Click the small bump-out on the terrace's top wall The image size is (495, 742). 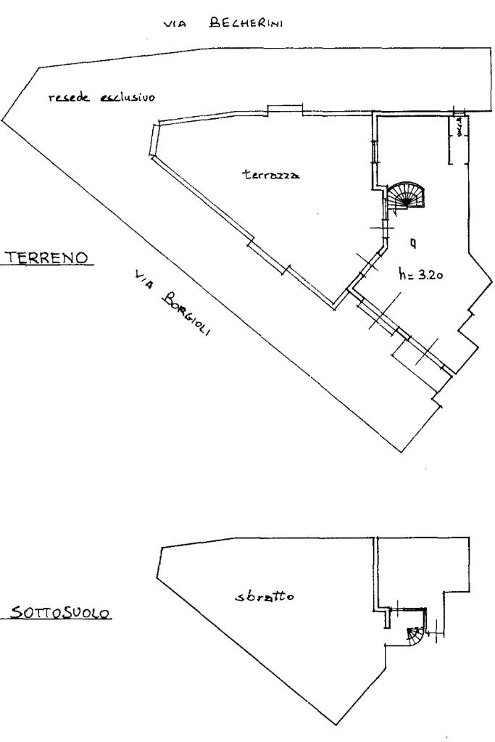pyautogui.click(x=285, y=109)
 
